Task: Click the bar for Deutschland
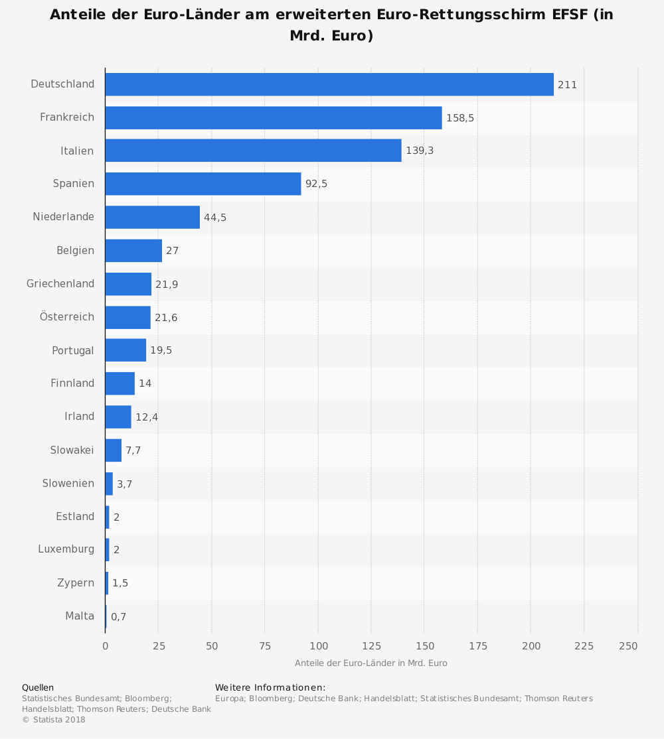pyautogui.click(x=329, y=84)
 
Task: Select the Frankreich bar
pyautogui.click(x=273, y=117)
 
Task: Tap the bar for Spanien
pyautogui.click(x=203, y=184)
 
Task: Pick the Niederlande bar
pyautogui.click(x=152, y=217)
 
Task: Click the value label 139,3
pyautogui.click(x=420, y=151)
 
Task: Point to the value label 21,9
pyautogui.click(x=167, y=284)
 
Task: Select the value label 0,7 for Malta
pyautogui.click(x=118, y=617)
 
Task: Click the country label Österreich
pyautogui.click(x=67, y=316)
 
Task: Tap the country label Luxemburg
pyautogui.click(x=66, y=549)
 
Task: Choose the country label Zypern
pyautogui.click(x=76, y=582)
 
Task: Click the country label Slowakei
pyautogui.click(x=72, y=450)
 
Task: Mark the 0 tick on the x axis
pyautogui.click(x=105, y=645)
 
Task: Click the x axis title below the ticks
pyautogui.click(x=371, y=663)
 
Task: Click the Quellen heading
pyautogui.click(x=38, y=687)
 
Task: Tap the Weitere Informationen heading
pyautogui.click(x=270, y=687)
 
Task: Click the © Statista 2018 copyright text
pyautogui.click(x=54, y=720)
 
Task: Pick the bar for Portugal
pyautogui.click(x=125, y=350)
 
